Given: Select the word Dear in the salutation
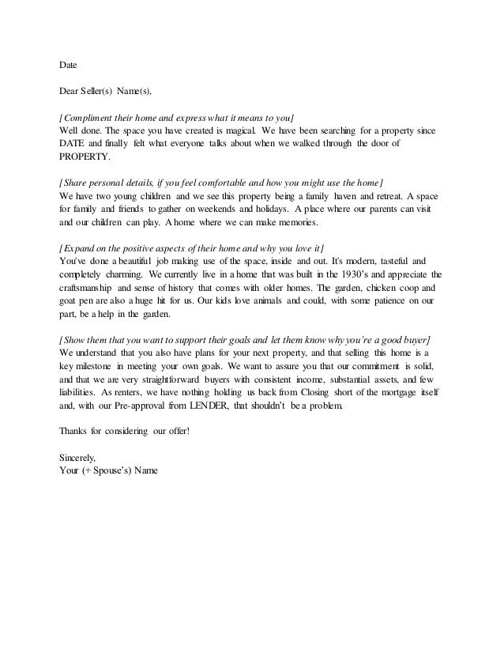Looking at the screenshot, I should tap(71, 92).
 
